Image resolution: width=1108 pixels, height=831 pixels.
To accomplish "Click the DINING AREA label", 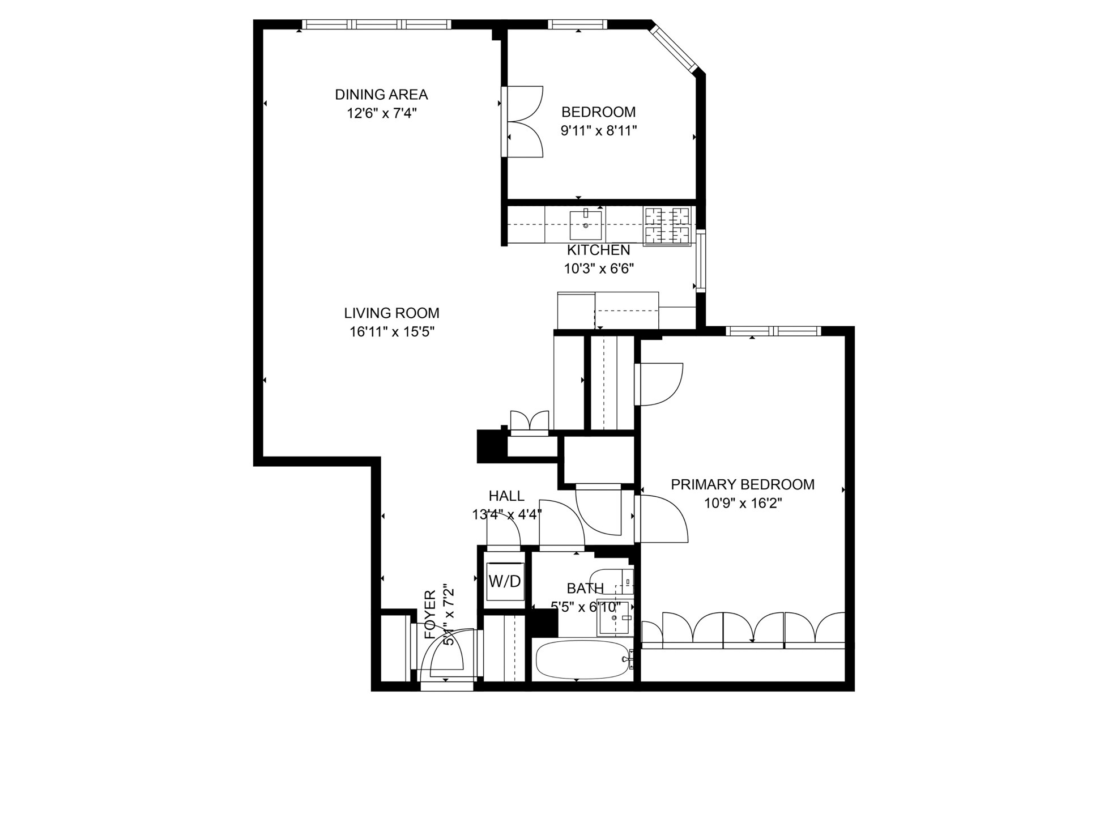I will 381,94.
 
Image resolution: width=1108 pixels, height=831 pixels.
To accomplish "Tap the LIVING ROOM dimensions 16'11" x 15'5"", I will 391,331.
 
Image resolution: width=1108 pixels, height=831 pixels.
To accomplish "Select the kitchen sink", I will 585,224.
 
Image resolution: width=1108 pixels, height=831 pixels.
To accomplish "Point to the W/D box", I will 504,581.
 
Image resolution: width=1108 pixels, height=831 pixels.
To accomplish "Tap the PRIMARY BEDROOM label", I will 742,484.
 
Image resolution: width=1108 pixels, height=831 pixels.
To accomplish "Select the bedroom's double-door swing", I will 524,121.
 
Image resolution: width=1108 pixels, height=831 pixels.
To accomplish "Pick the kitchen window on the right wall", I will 701,261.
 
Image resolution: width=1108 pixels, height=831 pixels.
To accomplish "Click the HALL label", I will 506,496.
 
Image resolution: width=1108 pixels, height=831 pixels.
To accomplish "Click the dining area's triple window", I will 376,24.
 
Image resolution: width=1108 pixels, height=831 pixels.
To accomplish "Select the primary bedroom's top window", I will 773,331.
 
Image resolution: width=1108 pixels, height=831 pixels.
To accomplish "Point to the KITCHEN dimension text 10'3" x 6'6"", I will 598,269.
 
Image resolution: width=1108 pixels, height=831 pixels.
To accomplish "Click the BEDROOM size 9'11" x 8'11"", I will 598,131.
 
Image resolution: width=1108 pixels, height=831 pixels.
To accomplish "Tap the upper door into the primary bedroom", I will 659,384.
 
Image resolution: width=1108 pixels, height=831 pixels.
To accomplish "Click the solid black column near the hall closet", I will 489,446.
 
